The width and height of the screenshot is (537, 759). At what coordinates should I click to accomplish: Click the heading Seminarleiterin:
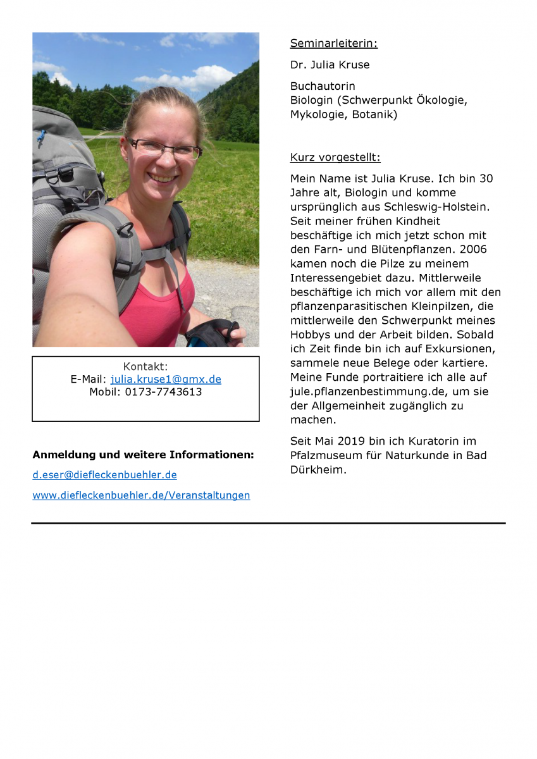coord(333,44)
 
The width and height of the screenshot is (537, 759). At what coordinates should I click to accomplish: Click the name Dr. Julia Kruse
coord(330,65)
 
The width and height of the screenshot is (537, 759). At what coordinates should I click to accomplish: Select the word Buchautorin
coord(323,86)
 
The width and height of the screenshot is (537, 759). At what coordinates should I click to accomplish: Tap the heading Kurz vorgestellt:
coord(335,157)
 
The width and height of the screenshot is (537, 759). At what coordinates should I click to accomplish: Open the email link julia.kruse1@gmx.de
coord(166,379)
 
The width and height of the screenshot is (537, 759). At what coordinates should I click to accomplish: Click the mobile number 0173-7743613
coord(163,392)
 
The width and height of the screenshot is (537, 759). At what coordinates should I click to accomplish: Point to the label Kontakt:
coord(145,367)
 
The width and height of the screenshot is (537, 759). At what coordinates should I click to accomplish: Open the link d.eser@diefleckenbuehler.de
coord(104,475)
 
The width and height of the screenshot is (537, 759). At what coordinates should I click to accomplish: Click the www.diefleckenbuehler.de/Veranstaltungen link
coord(141,495)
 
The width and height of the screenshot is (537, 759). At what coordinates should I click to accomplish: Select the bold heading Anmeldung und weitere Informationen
coord(143,455)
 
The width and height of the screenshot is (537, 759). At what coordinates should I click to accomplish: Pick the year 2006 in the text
coord(474,249)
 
